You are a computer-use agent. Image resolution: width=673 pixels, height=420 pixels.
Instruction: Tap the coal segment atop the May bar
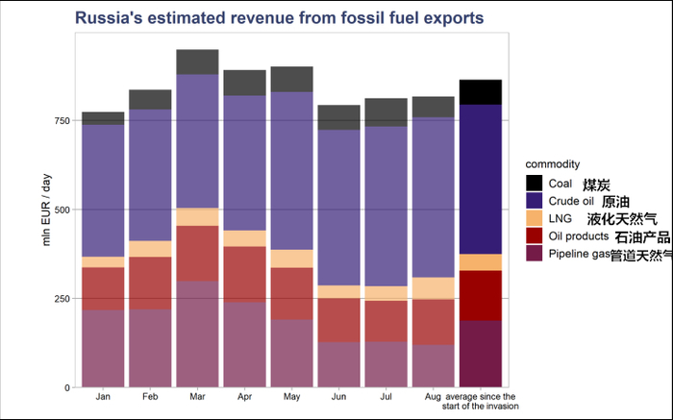[291, 79]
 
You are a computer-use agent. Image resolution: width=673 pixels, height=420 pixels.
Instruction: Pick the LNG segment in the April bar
[244, 238]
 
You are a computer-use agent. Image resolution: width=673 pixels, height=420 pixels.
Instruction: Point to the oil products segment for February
[150, 283]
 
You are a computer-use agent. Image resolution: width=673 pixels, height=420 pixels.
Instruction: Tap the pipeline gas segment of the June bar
[338, 364]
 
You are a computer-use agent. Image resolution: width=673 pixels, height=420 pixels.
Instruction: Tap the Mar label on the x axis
[197, 396]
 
